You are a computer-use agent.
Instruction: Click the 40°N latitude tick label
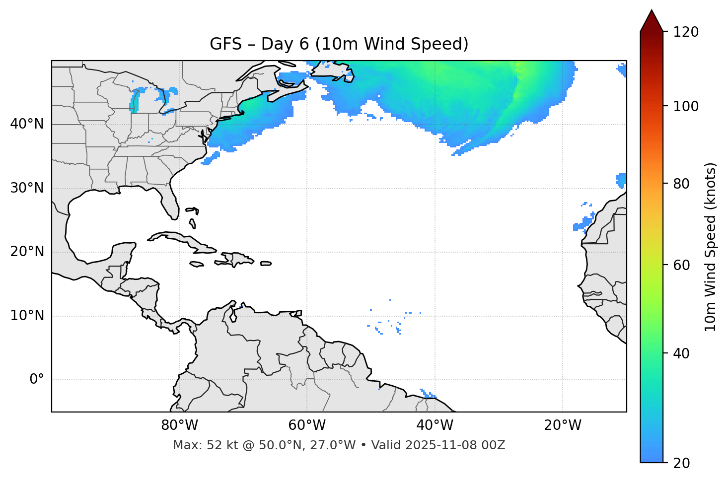27,124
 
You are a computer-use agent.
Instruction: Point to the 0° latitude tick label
36,380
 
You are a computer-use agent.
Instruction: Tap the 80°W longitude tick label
179,425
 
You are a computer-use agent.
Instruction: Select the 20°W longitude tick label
563,425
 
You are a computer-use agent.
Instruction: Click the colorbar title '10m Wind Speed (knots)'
711,247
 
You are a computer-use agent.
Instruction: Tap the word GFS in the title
225,44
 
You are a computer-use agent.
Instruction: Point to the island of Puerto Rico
266,264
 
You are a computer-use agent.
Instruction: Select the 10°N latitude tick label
27,316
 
